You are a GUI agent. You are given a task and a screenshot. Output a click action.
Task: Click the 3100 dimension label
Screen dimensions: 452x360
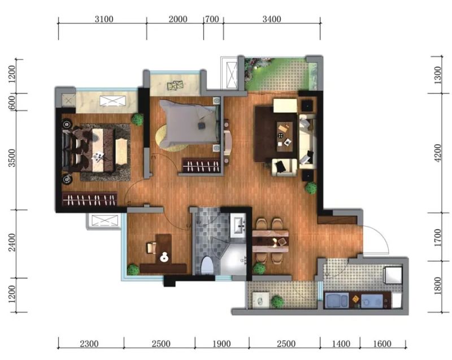pyautogui.click(x=104, y=19)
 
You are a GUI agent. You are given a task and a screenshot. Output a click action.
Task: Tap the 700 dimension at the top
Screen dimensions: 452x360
pyautogui.click(x=212, y=19)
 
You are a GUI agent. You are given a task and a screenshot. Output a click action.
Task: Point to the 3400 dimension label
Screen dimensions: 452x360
pyautogui.click(x=272, y=19)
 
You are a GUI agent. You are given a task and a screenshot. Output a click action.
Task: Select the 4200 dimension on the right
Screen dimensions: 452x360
pyautogui.click(x=437, y=153)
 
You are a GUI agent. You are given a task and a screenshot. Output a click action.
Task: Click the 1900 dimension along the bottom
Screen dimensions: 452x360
pyautogui.click(x=221, y=344)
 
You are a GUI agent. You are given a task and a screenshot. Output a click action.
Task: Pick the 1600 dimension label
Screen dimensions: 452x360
pyautogui.click(x=382, y=344)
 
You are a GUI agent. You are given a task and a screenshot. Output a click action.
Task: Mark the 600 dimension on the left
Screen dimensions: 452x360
pyautogui.click(x=12, y=102)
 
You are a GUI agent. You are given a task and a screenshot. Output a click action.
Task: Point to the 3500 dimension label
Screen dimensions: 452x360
pyautogui.click(x=12, y=158)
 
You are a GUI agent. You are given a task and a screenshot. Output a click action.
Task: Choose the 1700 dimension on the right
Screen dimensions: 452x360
pyautogui.click(x=437, y=237)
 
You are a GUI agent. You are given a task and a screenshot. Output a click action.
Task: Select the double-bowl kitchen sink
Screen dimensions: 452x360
pyautogui.click(x=336, y=300)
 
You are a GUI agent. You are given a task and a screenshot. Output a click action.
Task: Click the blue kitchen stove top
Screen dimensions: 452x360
pyautogui.click(x=372, y=301)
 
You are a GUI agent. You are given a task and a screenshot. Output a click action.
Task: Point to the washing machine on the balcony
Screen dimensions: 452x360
pyautogui.click(x=261, y=300)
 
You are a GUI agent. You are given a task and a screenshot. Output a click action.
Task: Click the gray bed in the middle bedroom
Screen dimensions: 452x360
pyautogui.click(x=189, y=124)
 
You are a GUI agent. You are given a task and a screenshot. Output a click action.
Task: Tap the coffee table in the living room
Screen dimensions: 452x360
pyautogui.click(x=285, y=136)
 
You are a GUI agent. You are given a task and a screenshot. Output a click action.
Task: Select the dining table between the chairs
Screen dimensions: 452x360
pyautogui.click(x=271, y=241)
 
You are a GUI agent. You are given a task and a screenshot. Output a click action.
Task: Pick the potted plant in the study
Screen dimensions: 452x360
pyautogui.click(x=133, y=270)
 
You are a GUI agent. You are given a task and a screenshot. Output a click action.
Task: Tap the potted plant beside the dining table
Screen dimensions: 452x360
pyautogui.click(x=259, y=268)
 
